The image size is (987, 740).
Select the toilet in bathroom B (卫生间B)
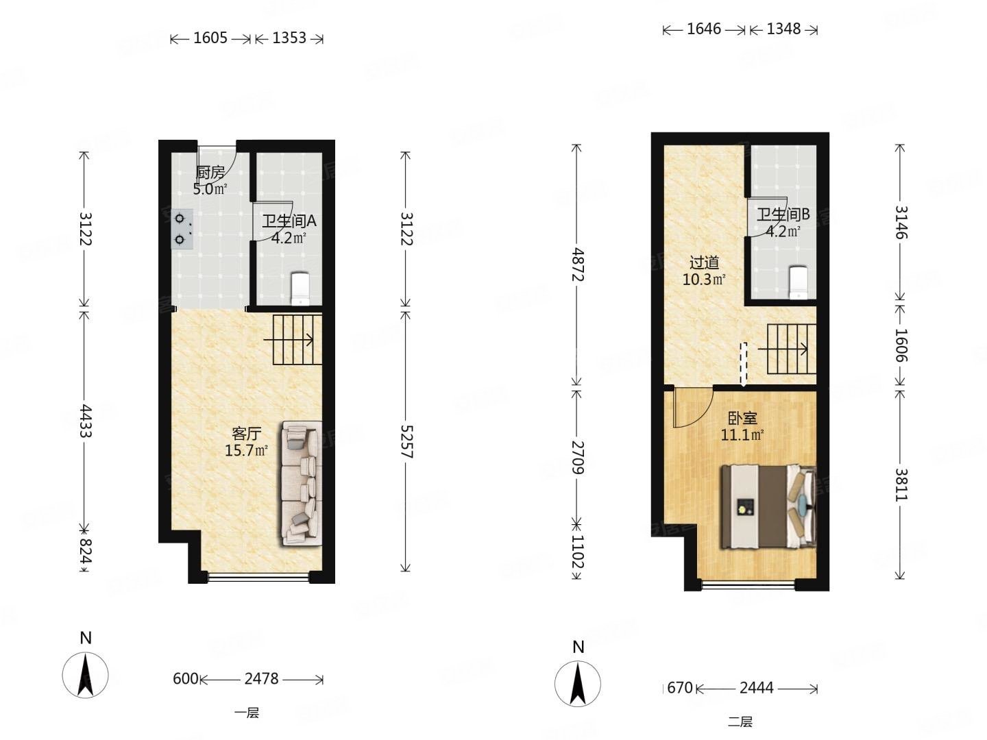tap(799, 282)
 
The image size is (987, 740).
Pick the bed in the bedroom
tap(768, 507)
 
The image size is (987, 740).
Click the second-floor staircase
tap(791, 349)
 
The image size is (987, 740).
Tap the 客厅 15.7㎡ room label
tap(246, 442)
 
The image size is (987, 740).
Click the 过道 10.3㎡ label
tap(704, 271)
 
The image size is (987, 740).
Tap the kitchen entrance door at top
tap(217, 159)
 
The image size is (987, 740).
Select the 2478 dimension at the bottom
tap(261, 679)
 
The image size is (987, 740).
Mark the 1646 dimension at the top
tap(703, 29)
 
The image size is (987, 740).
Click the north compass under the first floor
tap(85, 675)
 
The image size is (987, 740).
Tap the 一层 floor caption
tap(247, 713)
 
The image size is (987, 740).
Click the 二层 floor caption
tap(740, 721)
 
